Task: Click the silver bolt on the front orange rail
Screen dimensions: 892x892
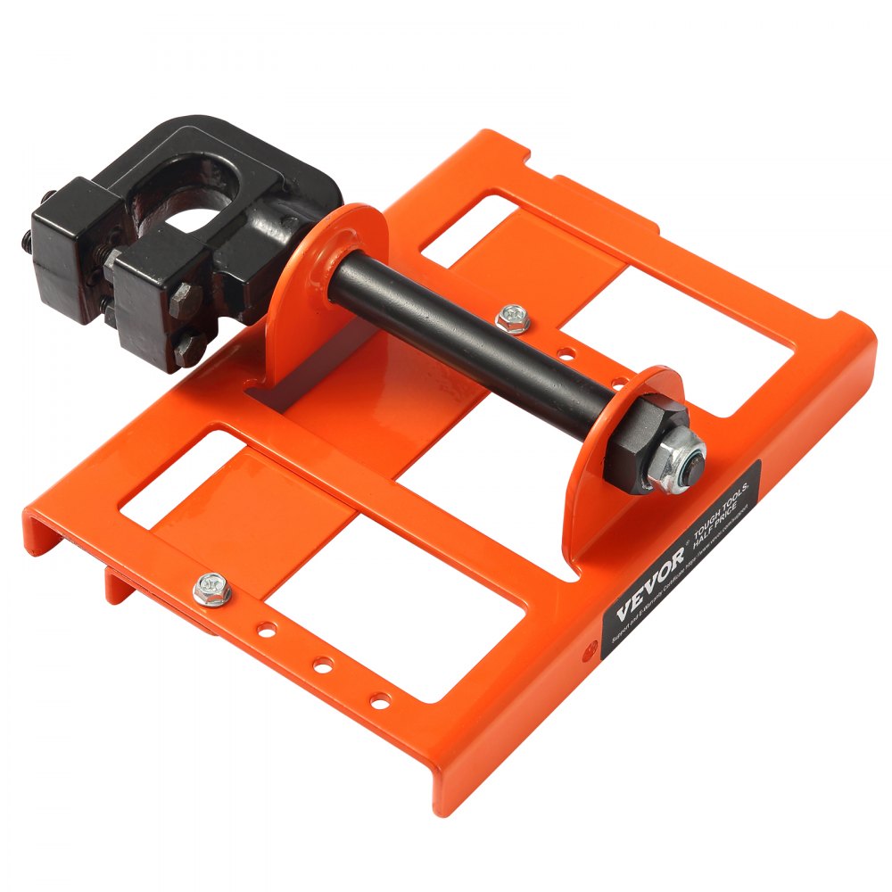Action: [211, 588]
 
